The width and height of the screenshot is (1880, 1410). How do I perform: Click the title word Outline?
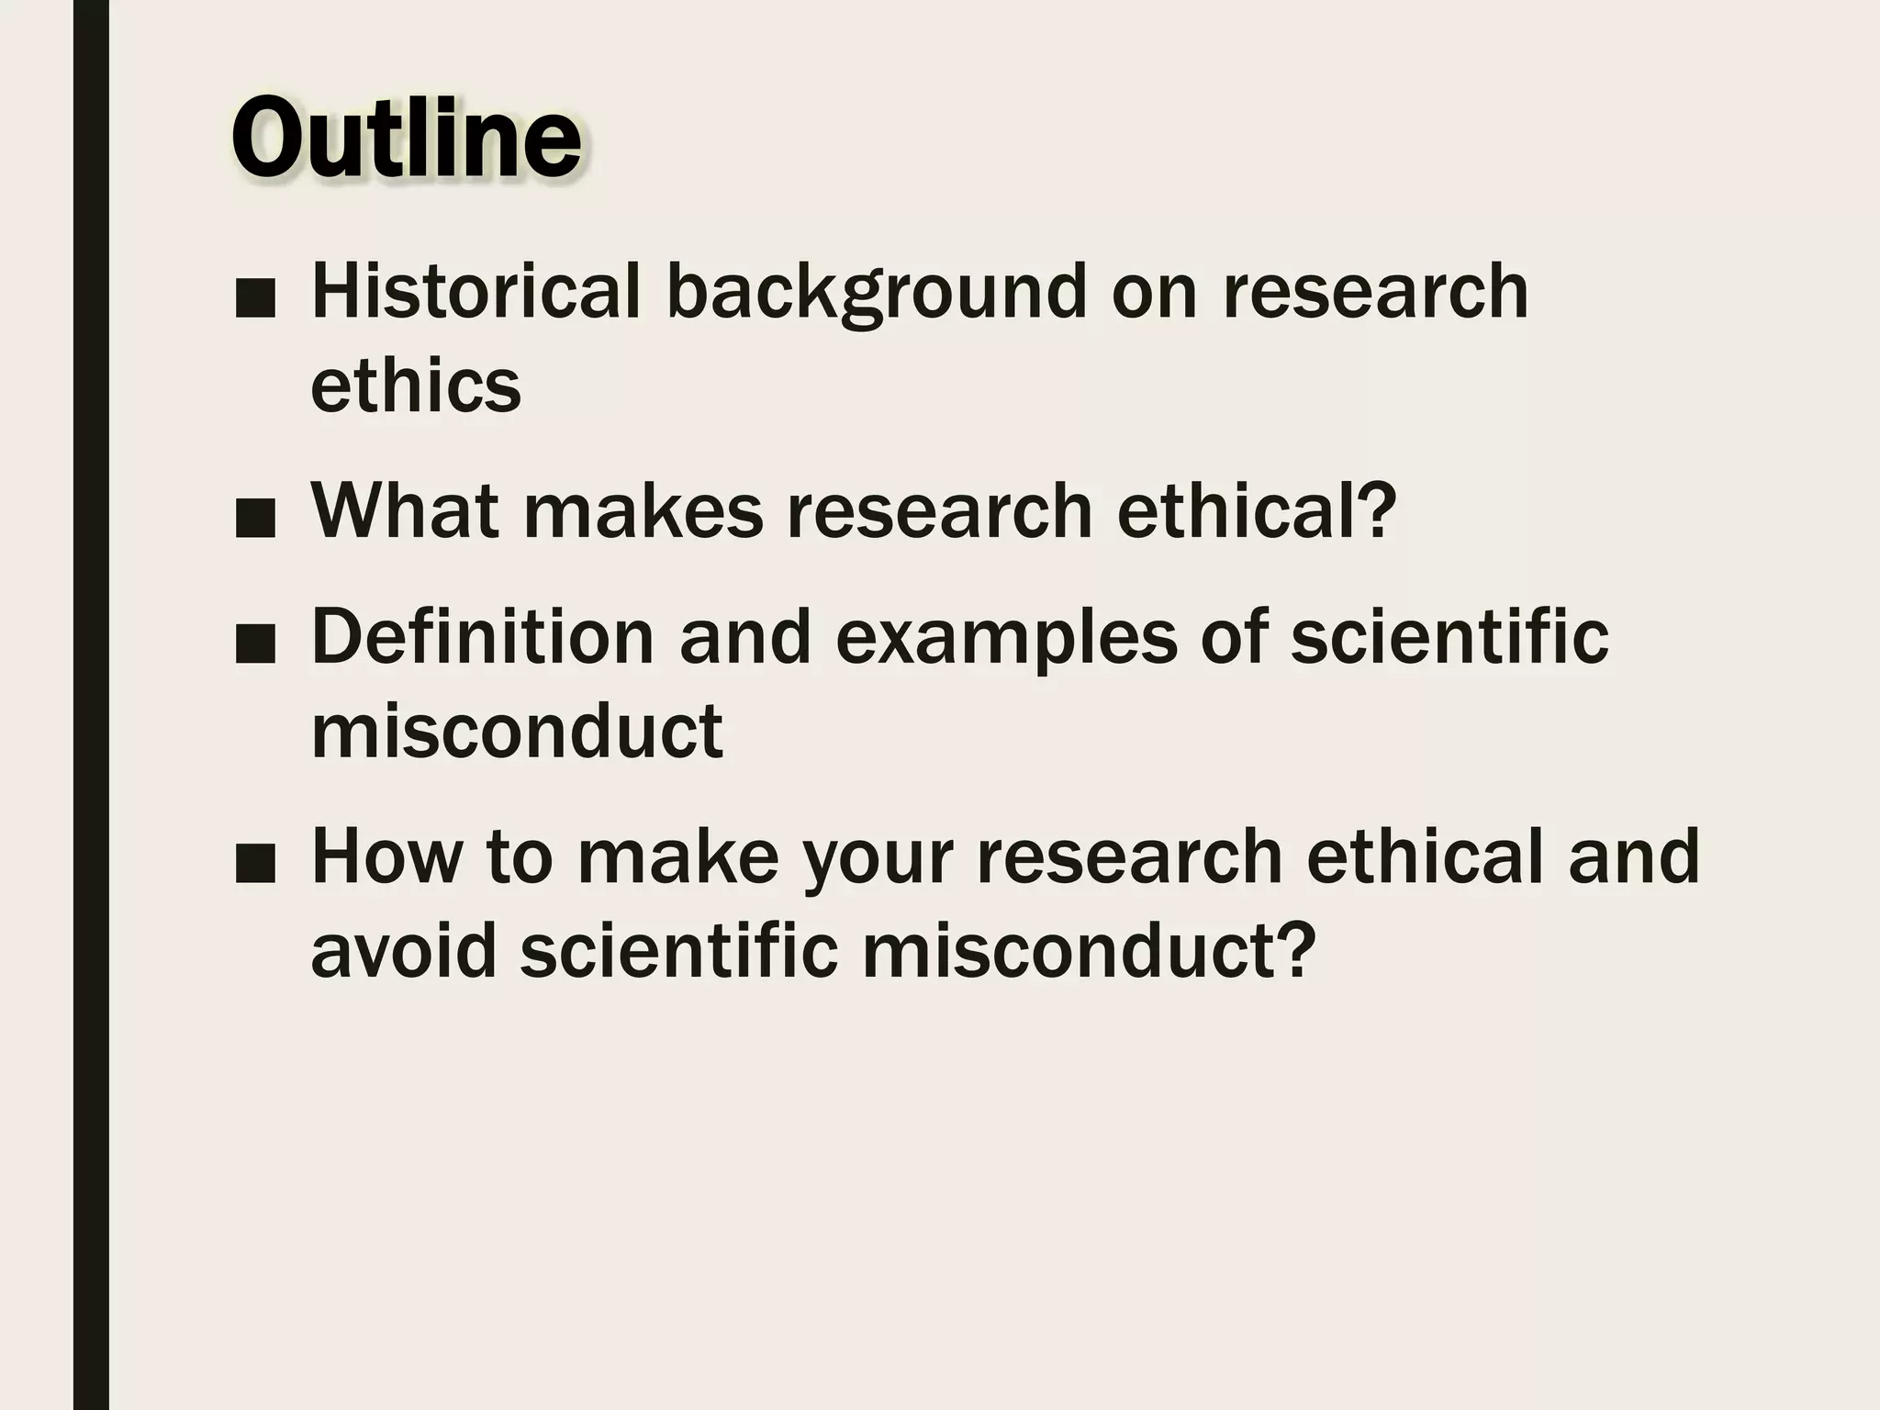(406, 140)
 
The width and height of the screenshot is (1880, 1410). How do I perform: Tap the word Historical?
(476, 292)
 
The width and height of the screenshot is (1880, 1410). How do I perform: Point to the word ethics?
(415, 386)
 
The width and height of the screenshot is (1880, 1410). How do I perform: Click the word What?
(405, 510)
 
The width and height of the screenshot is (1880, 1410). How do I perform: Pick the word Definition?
(482, 636)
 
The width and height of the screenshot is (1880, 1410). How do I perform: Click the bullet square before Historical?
(255, 301)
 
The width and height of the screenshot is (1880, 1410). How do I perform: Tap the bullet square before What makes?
(255, 520)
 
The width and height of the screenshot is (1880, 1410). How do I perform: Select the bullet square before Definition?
(255, 645)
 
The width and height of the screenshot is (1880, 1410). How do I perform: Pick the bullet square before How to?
(255, 865)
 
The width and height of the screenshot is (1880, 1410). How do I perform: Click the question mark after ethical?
(1376, 510)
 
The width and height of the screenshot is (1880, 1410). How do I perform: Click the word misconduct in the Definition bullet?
(516, 732)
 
